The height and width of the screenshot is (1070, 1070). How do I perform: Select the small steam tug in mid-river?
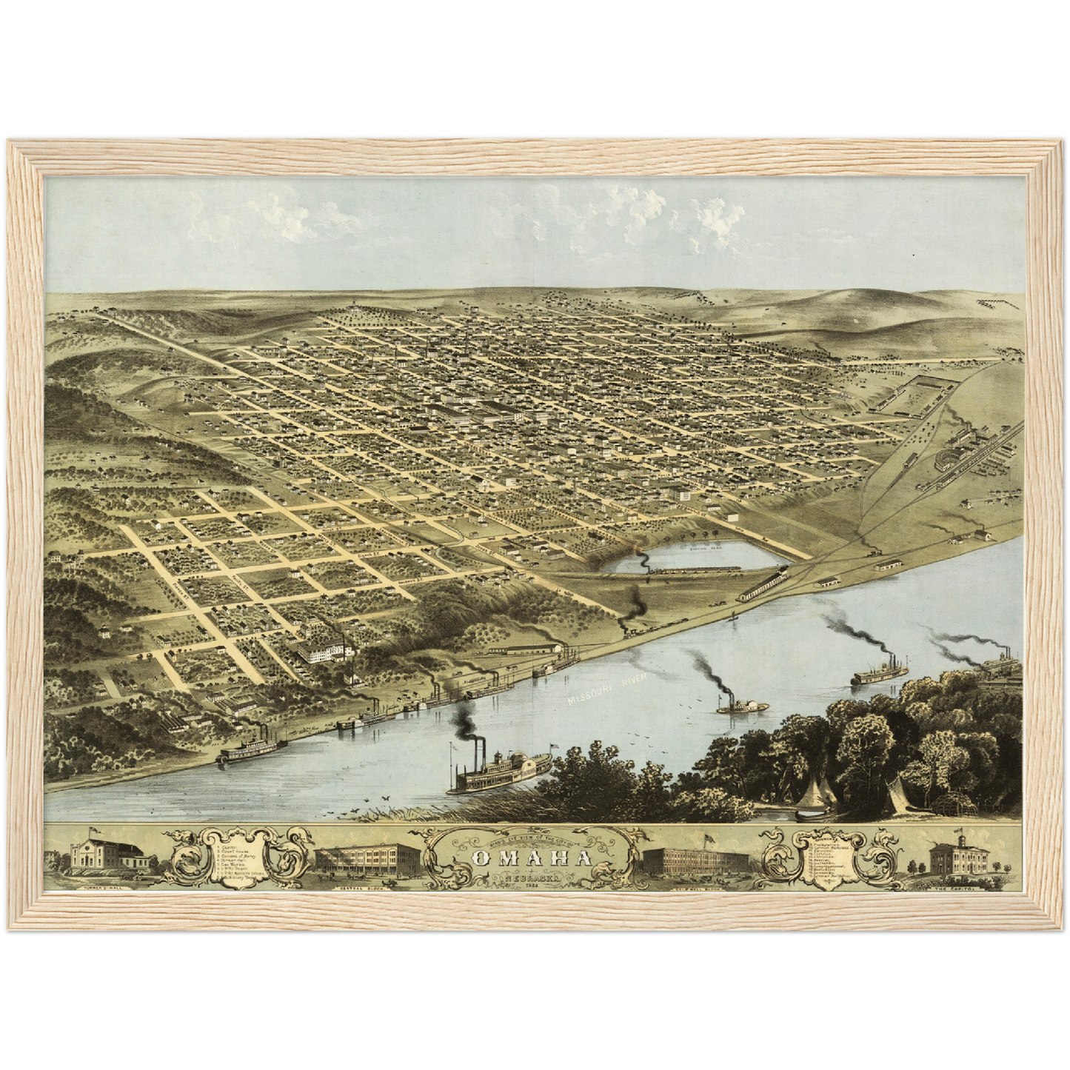[732, 705]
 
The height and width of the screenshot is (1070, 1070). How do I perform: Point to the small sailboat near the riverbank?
[735, 616]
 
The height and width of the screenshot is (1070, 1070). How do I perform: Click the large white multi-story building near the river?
[324, 652]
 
